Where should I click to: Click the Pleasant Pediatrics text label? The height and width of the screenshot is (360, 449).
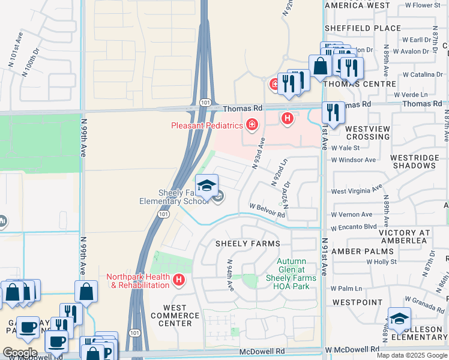point(206,125)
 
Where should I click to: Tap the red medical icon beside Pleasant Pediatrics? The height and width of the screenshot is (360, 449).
point(252,125)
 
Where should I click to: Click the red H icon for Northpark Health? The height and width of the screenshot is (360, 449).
point(178,280)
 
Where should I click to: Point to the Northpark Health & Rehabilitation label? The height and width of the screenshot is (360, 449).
point(138,281)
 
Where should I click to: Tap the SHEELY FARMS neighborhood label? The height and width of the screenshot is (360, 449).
point(248,244)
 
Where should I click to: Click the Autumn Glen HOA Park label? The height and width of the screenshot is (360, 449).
point(291,269)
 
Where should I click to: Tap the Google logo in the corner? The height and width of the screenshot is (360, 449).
point(20,352)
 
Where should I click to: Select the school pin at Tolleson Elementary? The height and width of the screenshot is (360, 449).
point(399,318)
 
